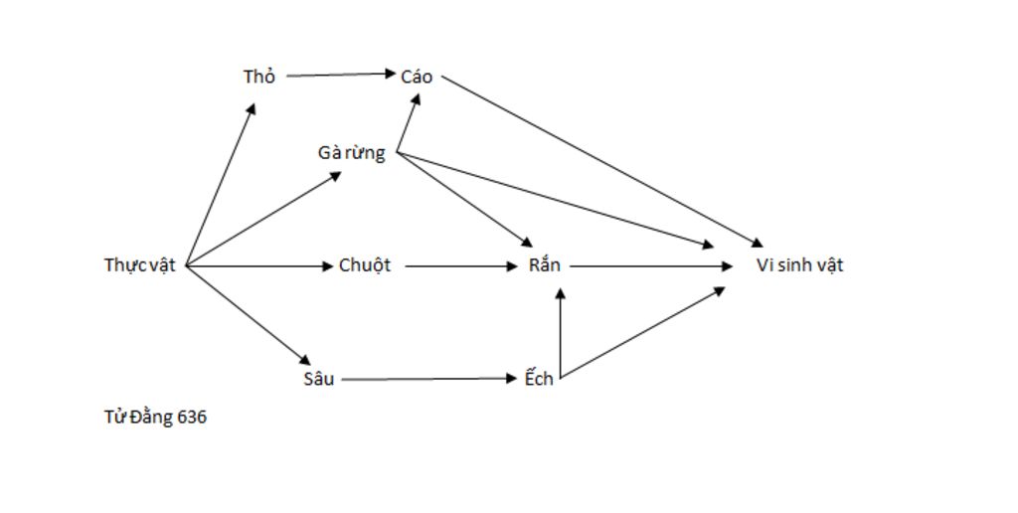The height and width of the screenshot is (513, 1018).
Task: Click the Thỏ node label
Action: tap(258, 77)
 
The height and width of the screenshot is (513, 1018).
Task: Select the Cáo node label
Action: tap(418, 77)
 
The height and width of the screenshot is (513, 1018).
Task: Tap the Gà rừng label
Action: tap(351, 153)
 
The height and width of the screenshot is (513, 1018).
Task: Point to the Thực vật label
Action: tap(139, 265)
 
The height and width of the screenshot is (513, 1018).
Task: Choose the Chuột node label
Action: tap(365, 265)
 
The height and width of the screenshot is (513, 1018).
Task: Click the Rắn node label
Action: tap(545, 265)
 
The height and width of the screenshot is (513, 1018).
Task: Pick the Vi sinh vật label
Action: tap(799, 265)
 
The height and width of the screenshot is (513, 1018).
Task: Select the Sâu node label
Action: tap(318, 379)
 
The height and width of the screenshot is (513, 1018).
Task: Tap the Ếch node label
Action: tap(539, 379)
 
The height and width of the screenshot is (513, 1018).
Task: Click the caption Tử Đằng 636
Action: tap(155, 418)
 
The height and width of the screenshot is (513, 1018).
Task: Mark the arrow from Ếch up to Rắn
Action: tap(561, 333)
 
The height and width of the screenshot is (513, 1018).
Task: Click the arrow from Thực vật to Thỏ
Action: tap(221, 185)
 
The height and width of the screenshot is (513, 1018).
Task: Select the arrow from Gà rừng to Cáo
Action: tap(408, 123)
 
